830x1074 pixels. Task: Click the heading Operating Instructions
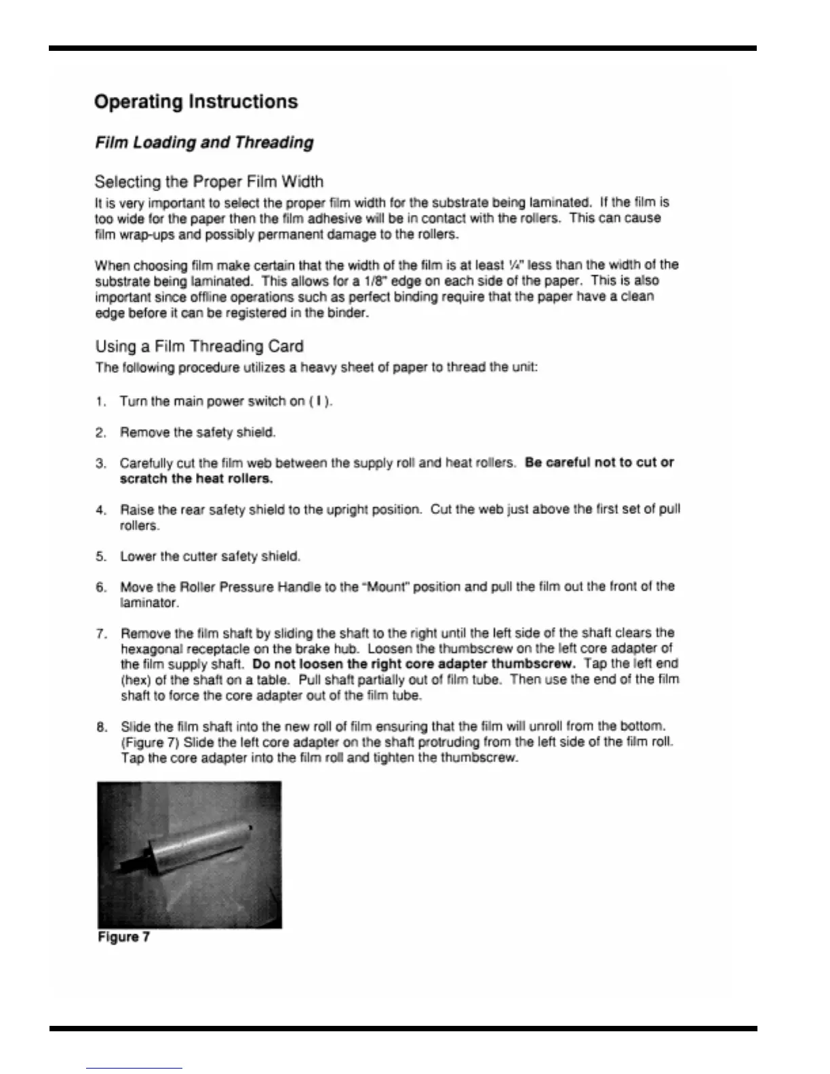pyautogui.click(x=196, y=102)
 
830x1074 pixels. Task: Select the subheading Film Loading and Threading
pyautogui.click(x=204, y=142)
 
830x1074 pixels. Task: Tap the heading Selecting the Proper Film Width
pyautogui.click(x=209, y=182)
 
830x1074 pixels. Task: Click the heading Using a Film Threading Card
pyautogui.click(x=199, y=346)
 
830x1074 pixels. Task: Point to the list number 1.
pyautogui.click(x=100, y=401)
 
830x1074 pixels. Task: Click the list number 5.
pyautogui.click(x=100, y=557)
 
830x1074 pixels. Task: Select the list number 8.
pyautogui.click(x=101, y=728)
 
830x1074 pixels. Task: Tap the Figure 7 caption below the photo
pyautogui.click(x=124, y=937)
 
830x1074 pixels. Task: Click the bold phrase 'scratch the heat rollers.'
pyautogui.click(x=196, y=479)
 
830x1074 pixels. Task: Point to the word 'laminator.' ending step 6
pyautogui.click(x=149, y=603)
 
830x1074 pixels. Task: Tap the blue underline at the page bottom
pyautogui.click(x=134, y=1068)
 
